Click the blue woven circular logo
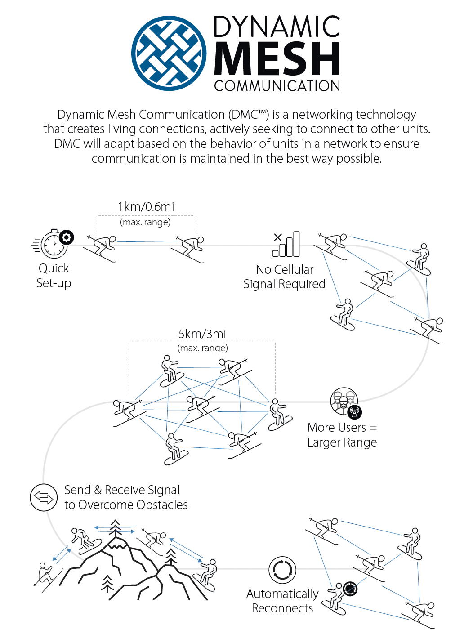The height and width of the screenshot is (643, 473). (169, 53)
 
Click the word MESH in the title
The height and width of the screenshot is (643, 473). (277, 58)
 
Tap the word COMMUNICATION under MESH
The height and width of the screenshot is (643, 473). (277, 86)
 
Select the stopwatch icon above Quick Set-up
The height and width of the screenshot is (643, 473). (54, 244)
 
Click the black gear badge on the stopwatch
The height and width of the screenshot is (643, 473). (67, 237)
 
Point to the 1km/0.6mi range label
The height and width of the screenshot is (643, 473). (146, 207)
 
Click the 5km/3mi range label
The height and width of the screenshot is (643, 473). (202, 334)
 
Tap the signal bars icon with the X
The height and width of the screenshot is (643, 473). (286, 244)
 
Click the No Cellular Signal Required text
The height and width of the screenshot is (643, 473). (284, 277)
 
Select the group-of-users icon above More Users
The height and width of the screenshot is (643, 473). (344, 401)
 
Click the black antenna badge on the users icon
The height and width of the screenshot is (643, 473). (355, 412)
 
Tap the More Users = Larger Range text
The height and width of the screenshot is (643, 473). (342, 434)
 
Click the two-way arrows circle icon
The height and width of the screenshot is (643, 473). (44, 497)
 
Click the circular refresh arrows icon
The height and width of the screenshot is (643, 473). (282, 570)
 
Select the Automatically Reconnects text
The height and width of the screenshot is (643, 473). (282, 601)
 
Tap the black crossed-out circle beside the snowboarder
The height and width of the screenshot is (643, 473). (350, 588)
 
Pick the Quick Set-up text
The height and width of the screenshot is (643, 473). (54, 276)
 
